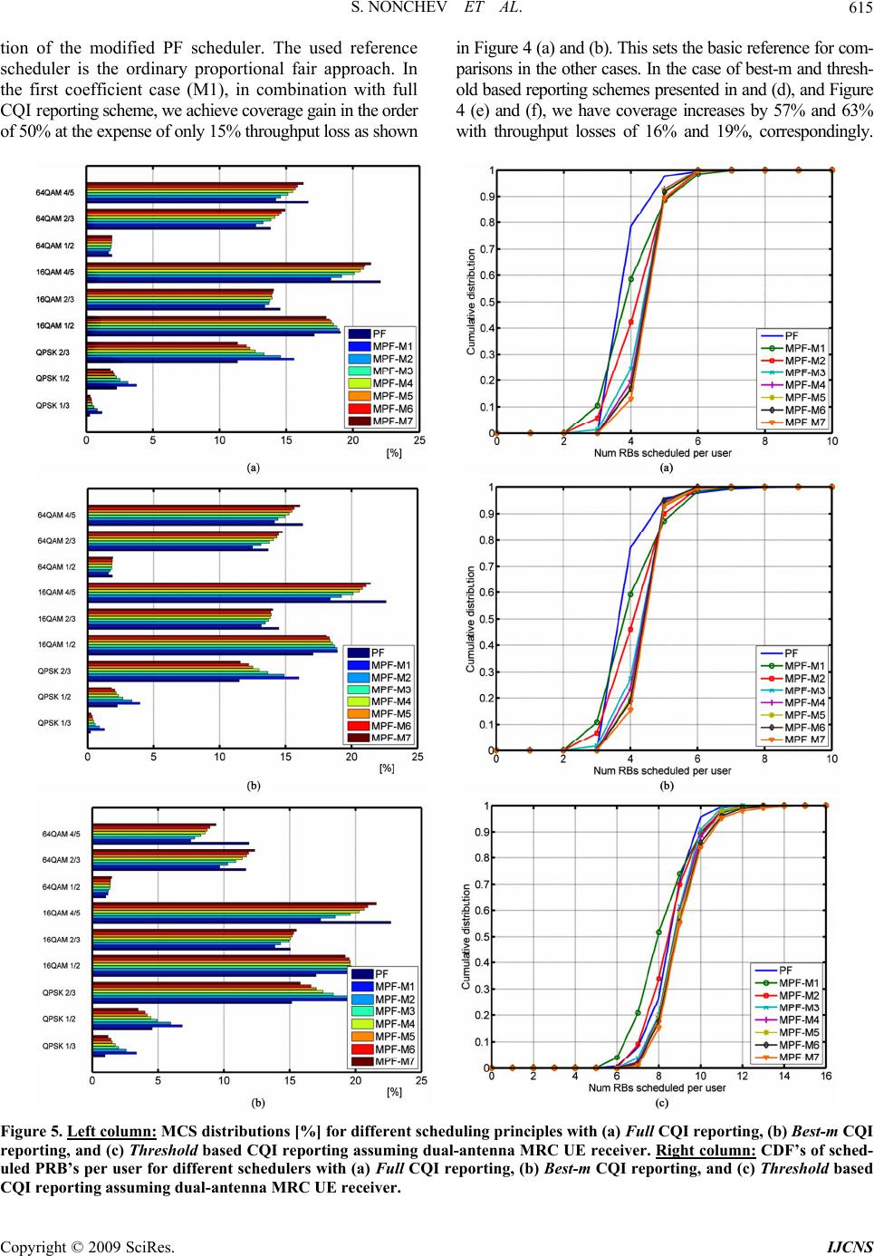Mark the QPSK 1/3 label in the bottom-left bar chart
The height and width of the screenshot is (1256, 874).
[60, 1046]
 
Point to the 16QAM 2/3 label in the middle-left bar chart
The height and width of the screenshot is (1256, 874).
[56, 618]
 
